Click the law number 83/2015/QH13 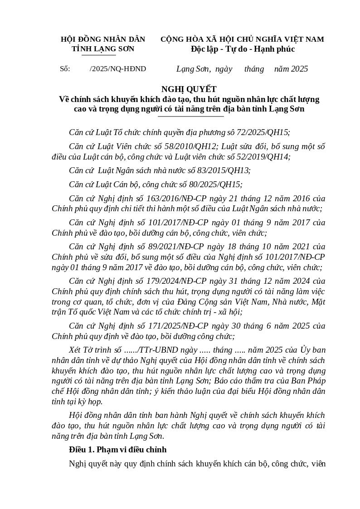click(x=224, y=170)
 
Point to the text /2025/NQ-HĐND click(x=118, y=69)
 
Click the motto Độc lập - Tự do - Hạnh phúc click(x=243, y=49)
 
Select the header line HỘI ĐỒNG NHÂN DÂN click(x=103, y=39)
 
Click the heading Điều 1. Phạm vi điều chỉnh click(x=117, y=450)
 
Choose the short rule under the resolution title click(x=190, y=116)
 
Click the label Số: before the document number click(x=65, y=69)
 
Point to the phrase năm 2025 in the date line click(x=291, y=69)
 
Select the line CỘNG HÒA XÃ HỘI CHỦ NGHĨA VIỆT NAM click(x=242, y=39)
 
